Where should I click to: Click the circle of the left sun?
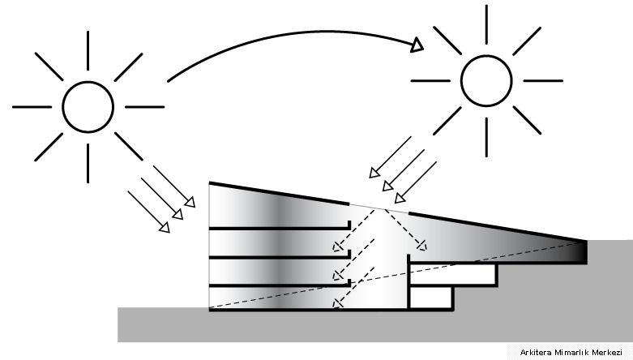click(x=88, y=82)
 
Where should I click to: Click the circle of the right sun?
click(x=486, y=56)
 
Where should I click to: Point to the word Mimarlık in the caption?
click(x=571, y=353)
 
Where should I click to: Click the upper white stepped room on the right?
click(x=453, y=274)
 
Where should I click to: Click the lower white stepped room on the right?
click(x=431, y=298)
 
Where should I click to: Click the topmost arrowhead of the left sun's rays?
click(x=190, y=202)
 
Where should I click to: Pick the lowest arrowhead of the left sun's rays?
click(x=165, y=228)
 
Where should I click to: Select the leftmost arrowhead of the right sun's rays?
click(x=374, y=173)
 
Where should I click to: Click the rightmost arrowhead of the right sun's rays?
click(x=400, y=198)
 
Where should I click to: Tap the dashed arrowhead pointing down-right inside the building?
click(x=422, y=245)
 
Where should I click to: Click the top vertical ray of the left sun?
click(x=88, y=50)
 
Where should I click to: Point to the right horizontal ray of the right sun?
click(x=543, y=81)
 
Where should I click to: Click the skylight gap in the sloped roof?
click(x=379, y=208)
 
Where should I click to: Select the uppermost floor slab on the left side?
click(x=280, y=229)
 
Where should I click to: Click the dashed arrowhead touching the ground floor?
click(x=337, y=302)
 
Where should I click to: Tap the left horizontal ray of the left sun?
click(x=32, y=107)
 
